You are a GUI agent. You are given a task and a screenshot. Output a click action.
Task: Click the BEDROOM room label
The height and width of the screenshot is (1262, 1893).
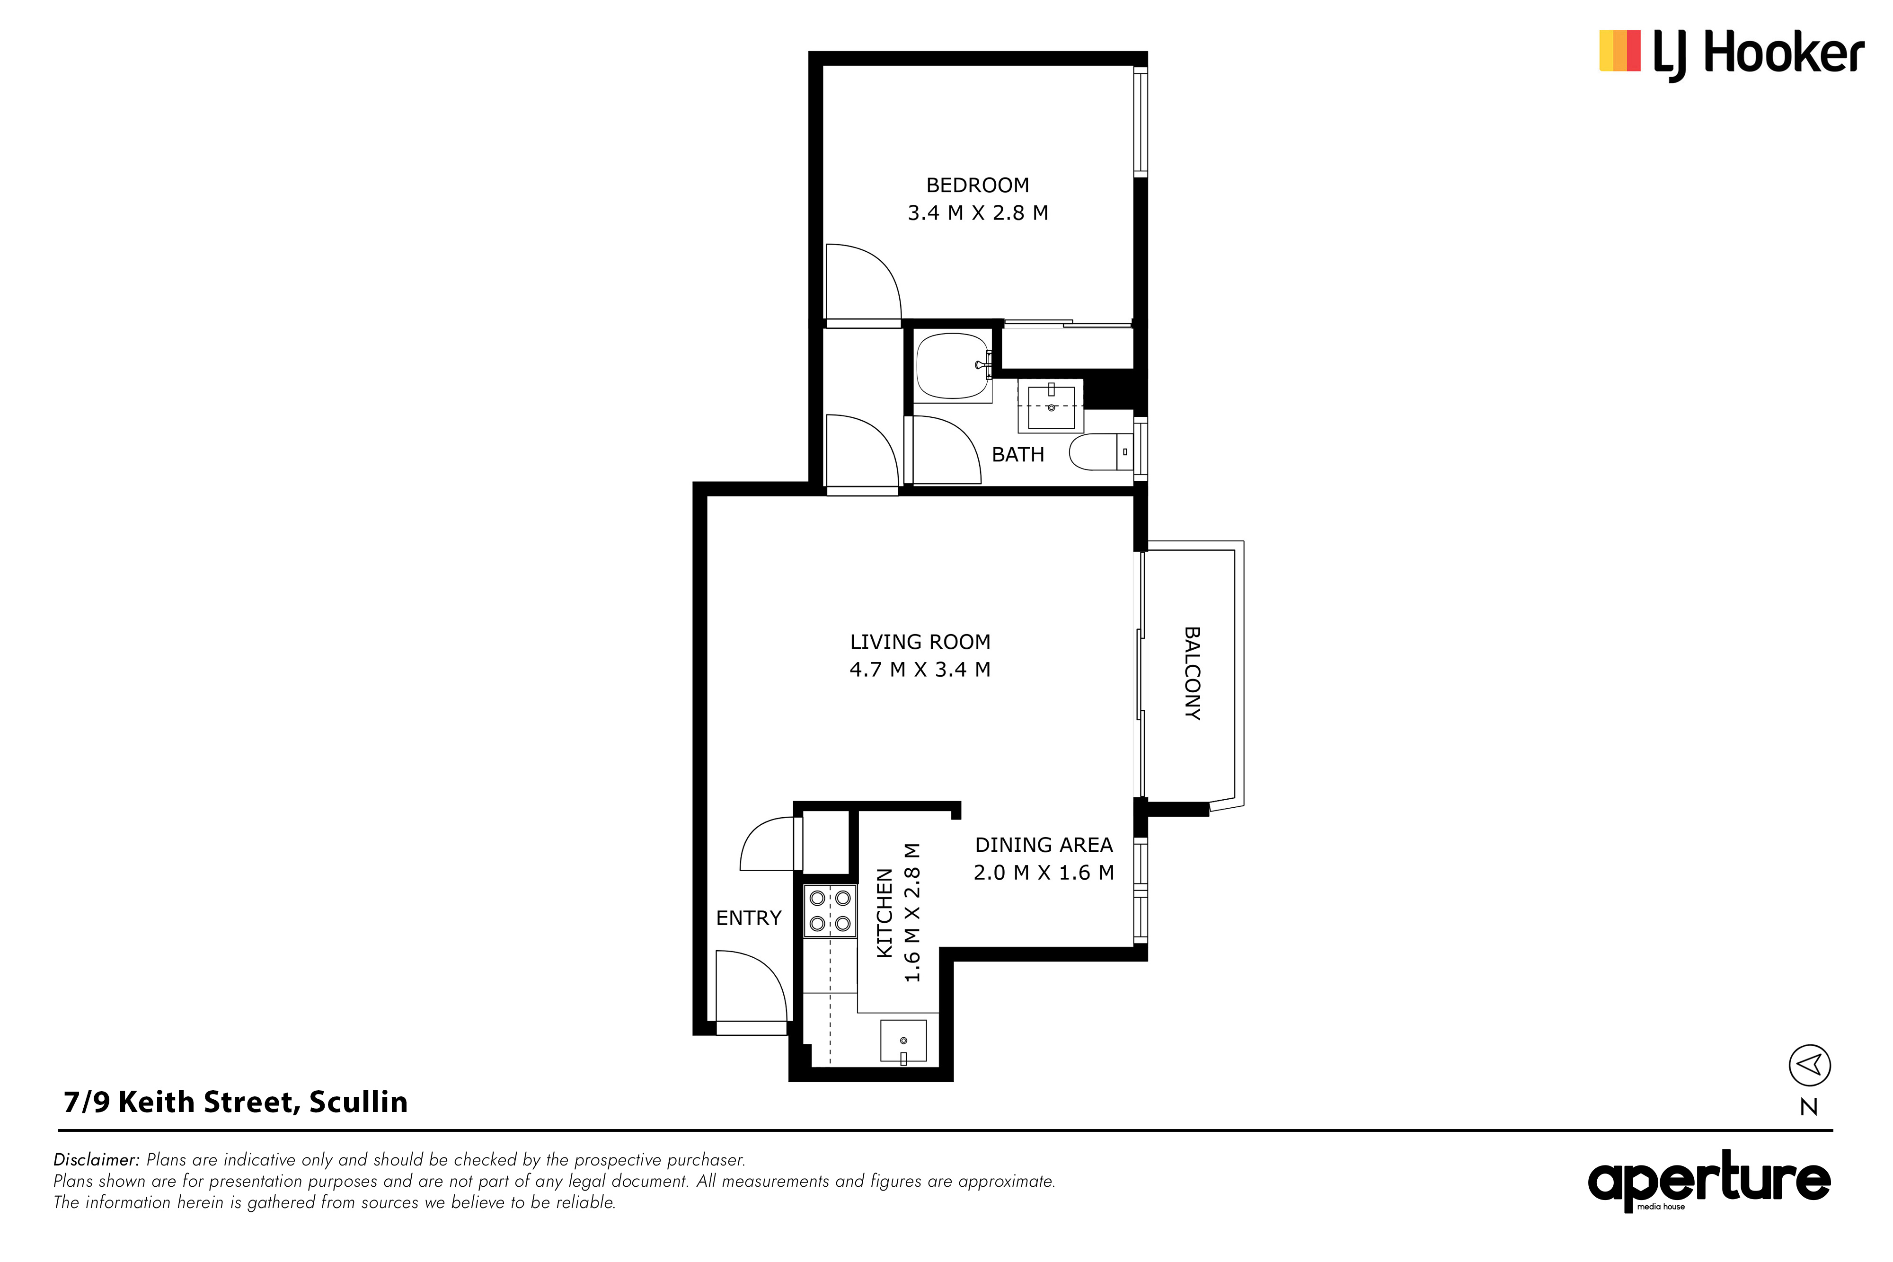click(977, 185)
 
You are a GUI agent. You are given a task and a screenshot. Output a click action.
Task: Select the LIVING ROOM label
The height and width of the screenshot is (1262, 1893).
click(920, 642)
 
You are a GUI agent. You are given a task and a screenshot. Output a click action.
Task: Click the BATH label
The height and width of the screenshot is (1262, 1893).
click(1018, 455)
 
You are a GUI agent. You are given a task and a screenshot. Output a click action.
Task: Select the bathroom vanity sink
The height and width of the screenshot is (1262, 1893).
click(1051, 406)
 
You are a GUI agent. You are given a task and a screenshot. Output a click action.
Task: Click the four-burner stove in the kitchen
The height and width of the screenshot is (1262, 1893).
click(830, 910)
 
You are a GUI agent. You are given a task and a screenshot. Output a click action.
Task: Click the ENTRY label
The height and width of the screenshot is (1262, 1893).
click(749, 918)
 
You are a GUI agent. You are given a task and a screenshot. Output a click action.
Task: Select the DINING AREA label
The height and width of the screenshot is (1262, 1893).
click(1044, 845)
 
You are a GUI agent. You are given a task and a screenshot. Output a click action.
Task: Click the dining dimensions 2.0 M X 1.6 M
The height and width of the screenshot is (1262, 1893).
click(1044, 873)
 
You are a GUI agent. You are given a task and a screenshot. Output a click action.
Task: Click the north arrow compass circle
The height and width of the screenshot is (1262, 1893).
click(1809, 1066)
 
